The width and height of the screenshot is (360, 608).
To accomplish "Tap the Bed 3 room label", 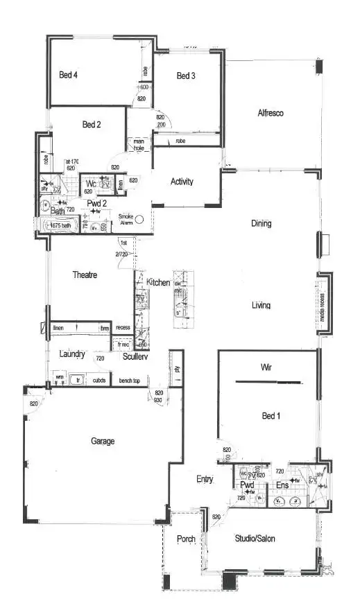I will [186, 76].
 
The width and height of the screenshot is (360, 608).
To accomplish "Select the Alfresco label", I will [271, 112].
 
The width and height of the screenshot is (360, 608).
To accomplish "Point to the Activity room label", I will [182, 182].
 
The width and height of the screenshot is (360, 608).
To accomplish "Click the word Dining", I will [262, 224].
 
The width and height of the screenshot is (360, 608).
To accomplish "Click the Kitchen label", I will [158, 282].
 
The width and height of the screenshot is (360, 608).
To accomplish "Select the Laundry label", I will [72, 354].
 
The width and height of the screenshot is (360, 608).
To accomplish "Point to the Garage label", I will [103, 441].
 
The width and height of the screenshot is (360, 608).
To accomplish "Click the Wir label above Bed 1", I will [265, 366].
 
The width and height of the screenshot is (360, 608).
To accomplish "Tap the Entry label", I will [205, 479].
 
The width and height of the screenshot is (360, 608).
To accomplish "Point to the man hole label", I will [139, 145].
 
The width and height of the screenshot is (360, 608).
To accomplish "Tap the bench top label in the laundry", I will [130, 381].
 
